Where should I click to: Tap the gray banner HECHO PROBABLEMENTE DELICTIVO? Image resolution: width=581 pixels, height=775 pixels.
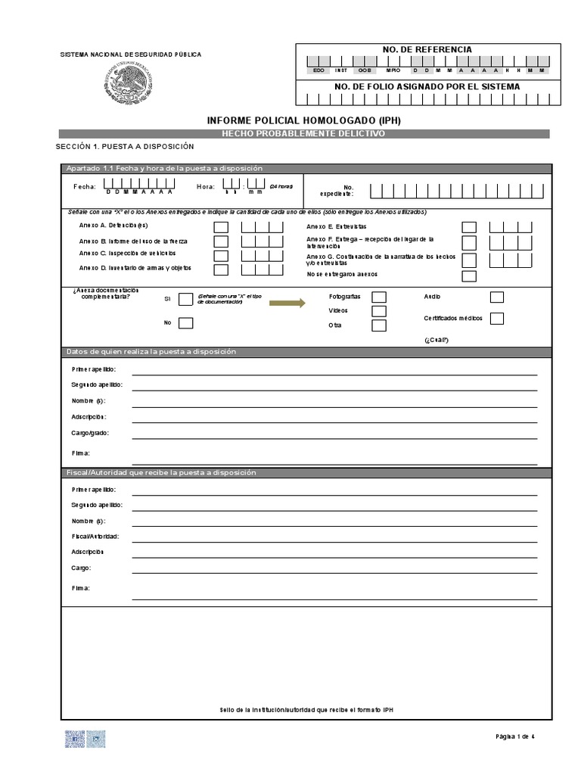[303, 134]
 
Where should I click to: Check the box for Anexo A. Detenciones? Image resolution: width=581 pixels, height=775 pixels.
[221, 227]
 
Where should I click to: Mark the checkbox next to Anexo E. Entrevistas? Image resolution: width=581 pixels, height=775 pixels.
[469, 227]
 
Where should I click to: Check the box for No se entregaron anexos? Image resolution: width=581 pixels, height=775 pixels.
[469, 275]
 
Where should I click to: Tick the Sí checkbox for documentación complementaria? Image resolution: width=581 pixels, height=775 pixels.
[185, 299]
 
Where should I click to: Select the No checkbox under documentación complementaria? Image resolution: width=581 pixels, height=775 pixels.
[185, 323]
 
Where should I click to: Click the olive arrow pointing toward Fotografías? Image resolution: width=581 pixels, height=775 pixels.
[287, 303]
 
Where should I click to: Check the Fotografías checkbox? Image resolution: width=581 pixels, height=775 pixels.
[379, 297]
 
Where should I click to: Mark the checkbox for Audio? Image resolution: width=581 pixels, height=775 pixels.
[497, 297]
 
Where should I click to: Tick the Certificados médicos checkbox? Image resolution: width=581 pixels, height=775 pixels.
[497, 318]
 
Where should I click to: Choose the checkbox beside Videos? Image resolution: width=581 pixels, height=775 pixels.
[379, 311]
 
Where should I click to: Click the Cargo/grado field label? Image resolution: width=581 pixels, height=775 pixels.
[90, 433]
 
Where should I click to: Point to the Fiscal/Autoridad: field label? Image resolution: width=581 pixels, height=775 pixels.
[95, 536]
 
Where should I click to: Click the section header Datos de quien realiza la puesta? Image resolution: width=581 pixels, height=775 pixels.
[151, 352]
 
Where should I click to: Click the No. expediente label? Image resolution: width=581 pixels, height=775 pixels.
[348, 190]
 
